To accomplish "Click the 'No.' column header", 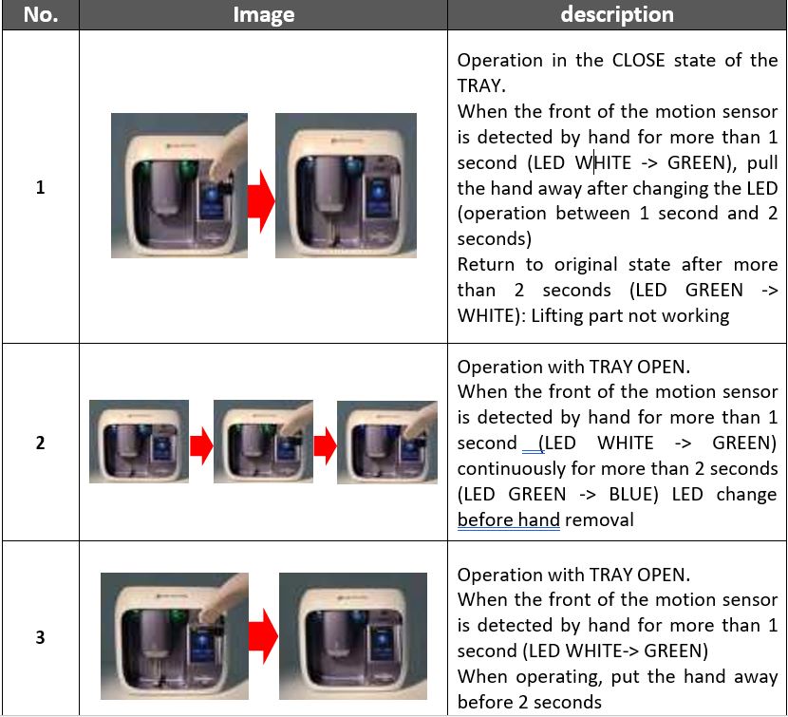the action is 41,14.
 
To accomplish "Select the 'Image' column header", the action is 263,14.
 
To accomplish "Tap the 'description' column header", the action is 616,14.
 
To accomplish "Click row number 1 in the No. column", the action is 40,187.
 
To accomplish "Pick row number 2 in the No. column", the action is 40,443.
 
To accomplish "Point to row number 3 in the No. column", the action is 40,637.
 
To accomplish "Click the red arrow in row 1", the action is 261,201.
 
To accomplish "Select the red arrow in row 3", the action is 263,635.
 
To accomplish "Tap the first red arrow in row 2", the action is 201,445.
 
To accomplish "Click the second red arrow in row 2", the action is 325,445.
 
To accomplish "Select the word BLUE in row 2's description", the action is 633,494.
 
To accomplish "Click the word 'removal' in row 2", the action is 599,519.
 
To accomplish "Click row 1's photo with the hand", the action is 179,185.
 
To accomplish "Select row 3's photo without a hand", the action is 353,636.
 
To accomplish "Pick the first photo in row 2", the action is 139,442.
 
